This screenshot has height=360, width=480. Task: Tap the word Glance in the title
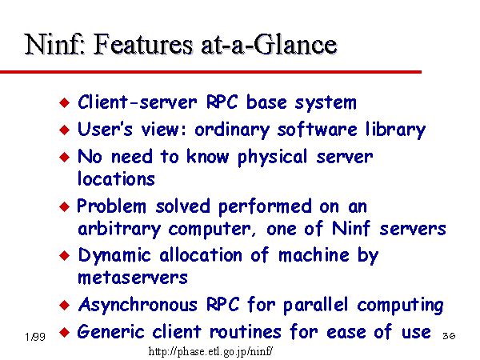point(295,44)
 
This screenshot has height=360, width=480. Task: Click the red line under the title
point(210,72)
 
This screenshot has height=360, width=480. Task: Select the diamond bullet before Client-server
point(64,102)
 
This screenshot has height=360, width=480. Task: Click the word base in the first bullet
point(266,102)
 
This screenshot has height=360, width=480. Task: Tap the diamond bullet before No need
point(64,157)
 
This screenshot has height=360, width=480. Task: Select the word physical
point(273,158)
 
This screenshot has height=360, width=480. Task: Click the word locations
point(116,178)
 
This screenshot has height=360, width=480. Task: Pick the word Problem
point(111,206)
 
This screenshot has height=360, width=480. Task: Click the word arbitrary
point(119,229)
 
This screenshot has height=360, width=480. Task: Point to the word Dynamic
point(114,255)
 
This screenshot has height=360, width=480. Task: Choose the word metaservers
point(133,278)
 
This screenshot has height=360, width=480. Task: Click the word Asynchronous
point(138,305)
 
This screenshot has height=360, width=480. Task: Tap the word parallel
point(315,305)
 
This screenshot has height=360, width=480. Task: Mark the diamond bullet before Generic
point(64,332)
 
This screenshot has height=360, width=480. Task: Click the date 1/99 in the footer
point(35,337)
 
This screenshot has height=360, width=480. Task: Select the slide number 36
point(449,336)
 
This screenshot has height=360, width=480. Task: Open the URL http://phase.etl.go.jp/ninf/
point(210,351)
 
